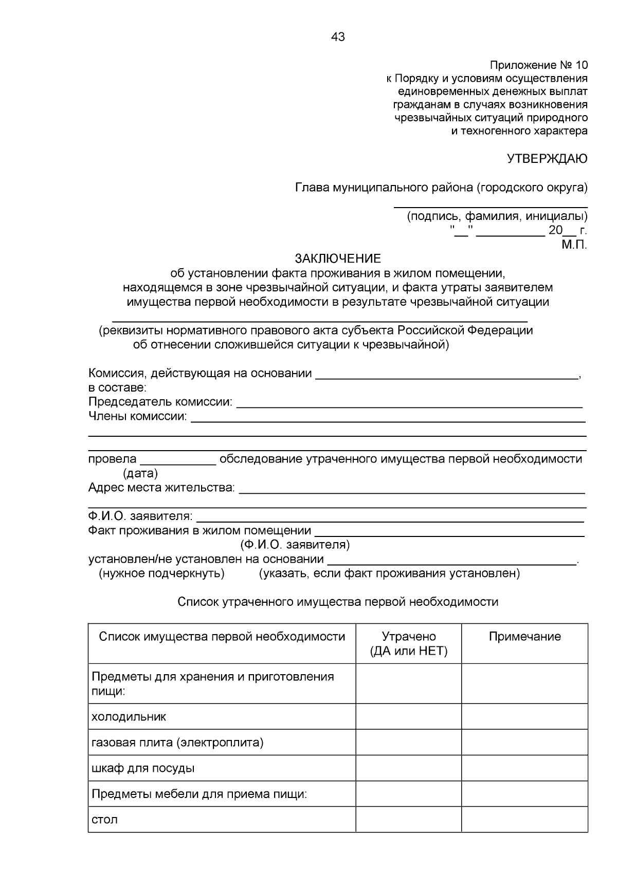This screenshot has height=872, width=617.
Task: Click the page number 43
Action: click(x=338, y=37)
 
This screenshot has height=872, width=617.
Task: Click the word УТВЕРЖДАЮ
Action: click(x=547, y=159)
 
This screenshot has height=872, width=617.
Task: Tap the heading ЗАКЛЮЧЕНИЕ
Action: click(x=338, y=258)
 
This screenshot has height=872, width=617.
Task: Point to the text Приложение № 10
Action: click(x=538, y=65)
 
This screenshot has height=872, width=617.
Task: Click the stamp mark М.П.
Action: click(x=574, y=245)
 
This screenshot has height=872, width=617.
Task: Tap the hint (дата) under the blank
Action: click(x=140, y=473)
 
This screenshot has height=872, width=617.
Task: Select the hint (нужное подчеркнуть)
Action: click(x=161, y=573)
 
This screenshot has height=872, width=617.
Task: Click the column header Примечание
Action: click(x=524, y=637)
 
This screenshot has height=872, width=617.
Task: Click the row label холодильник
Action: click(x=129, y=717)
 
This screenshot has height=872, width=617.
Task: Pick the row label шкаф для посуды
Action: click(x=143, y=769)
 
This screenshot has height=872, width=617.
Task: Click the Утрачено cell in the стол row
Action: click(x=409, y=820)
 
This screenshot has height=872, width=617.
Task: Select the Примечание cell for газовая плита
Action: click(x=524, y=743)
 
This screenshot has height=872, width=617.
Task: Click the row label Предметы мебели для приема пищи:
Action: click(x=199, y=794)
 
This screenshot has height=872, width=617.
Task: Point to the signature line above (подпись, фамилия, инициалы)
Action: click(x=491, y=207)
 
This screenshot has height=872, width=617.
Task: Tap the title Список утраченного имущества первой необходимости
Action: click(x=338, y=602)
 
